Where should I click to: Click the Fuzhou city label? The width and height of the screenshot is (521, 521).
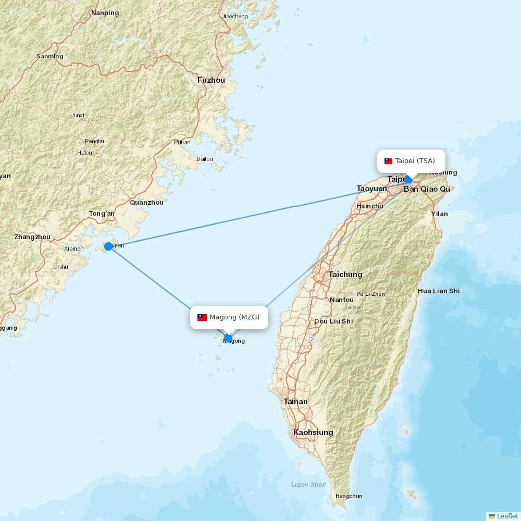(211, 80)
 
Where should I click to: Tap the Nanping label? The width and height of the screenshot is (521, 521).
(105, 13)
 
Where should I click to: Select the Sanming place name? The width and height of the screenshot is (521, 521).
(50, 56)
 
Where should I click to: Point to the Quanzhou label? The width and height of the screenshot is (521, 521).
(146, 202)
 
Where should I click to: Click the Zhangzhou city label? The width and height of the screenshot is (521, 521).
(32, 237)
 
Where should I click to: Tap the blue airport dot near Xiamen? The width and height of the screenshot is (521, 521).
(108, 246)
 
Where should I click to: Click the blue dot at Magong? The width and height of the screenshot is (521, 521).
(228, 338)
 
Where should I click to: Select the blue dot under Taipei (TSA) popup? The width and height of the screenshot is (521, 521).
(408, 180)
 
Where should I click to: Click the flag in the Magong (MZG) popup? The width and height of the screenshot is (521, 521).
(202, 317)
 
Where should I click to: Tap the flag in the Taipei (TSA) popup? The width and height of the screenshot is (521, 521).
(388, 161)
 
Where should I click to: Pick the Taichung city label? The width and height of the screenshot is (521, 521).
(345, 274)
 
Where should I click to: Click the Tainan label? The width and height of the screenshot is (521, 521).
(295, 402)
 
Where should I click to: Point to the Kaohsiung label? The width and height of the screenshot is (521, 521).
(313, 432)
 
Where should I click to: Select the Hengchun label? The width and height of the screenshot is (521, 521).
(349, 496)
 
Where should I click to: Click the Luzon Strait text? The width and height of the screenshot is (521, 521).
(308, 485)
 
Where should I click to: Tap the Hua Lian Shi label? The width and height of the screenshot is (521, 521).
(439, 291)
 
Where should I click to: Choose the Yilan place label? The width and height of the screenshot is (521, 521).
(439, 214)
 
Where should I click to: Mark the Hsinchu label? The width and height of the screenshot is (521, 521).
(369, 206)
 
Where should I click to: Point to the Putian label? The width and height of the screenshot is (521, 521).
(182, 142)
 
